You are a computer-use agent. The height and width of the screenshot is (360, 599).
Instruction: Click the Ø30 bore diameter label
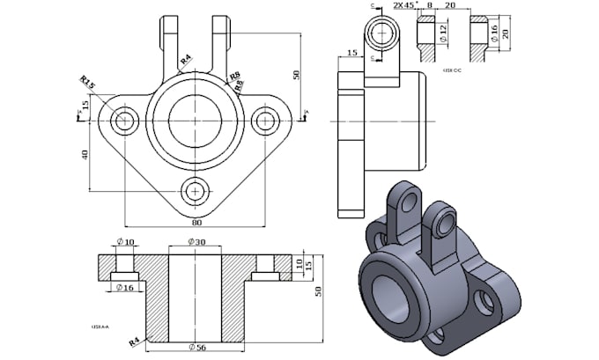[x=196, y=243]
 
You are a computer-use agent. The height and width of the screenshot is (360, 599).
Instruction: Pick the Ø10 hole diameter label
[x=124, y=243]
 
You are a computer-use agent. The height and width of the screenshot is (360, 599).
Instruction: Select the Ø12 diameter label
[x=443, y=33]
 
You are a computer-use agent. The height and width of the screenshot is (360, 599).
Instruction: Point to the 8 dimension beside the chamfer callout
[x=429, y=5]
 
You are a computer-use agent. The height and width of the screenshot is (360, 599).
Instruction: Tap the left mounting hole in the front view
[x=127, y=120]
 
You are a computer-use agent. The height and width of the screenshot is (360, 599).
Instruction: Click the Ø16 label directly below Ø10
[x=124, y=287]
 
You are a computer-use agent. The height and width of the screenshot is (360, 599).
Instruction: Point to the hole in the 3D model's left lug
[x=407, y=202]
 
